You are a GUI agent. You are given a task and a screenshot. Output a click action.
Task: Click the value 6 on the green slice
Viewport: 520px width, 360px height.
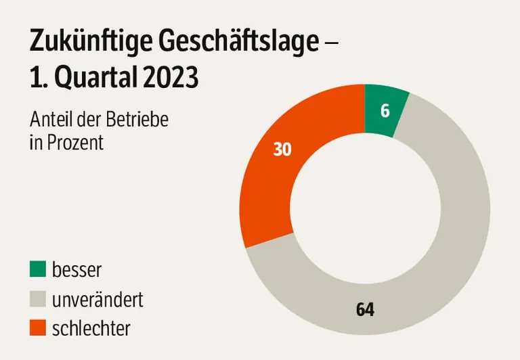click(x=385, y=111)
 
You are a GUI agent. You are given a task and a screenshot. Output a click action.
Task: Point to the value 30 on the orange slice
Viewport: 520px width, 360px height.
click(x=282, y=150)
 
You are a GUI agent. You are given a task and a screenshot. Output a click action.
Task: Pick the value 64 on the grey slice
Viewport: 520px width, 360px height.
click(x=365, y=310)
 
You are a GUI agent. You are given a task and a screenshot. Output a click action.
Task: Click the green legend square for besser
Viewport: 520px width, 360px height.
click(x=38, y=269)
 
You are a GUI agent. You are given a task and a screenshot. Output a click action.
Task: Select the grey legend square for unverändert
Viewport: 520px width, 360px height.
click(x=38, y=298)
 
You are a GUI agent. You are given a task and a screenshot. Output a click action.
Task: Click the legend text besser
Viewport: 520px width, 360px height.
click(x=77, y=269)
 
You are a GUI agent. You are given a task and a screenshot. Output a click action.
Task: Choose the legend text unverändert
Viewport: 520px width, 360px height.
click(x=97, y=298)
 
